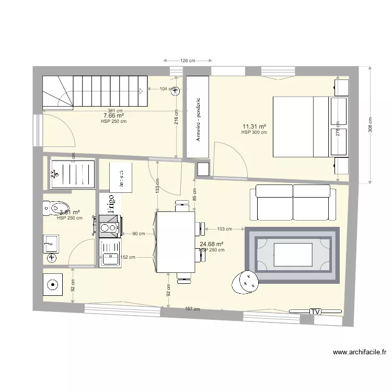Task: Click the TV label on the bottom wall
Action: (x=315, y=312)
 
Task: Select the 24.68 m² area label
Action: (x=212, y=244)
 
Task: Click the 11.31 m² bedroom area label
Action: (x=255, y=126)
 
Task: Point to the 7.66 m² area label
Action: (x=113, y=116)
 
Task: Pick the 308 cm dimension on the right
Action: (x=371, y=124)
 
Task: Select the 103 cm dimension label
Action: (x=224, y=229)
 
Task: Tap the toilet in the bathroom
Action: (x=56, y=209)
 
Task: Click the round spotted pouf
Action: (x=245, y=281)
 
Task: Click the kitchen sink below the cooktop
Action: (x=110, y=256)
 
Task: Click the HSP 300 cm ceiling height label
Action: (x=254, y=133)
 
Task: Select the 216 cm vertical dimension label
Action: (x=177, y=117)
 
